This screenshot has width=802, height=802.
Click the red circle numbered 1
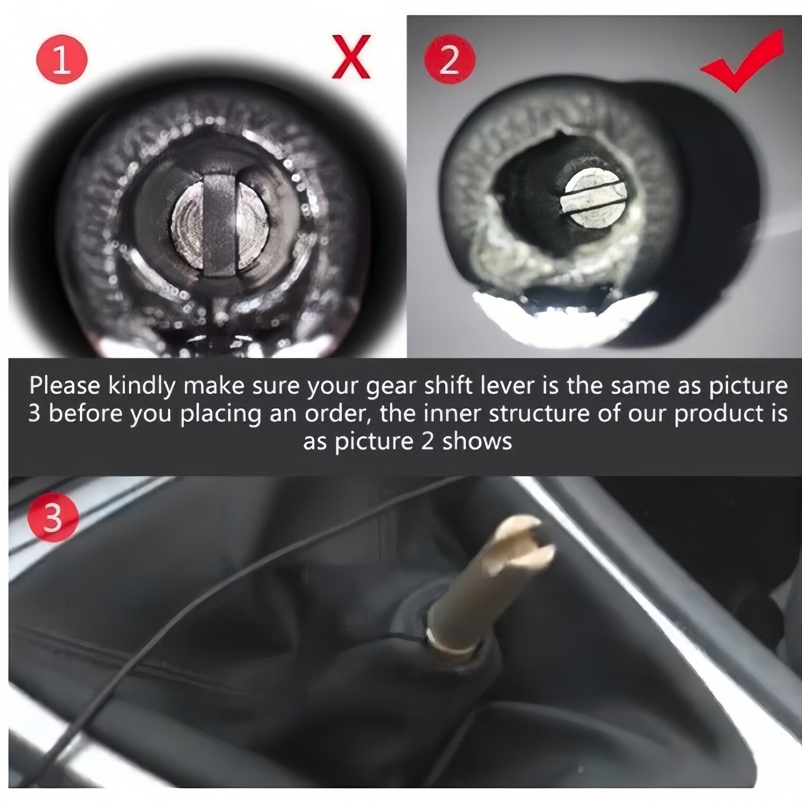pyautogui.click(x=62, y=60)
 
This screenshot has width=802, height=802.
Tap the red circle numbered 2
pyautogui.click(x=450, y=60)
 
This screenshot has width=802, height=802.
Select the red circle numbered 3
pyautogui.click(x=53, y=517)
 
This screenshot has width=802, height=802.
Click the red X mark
pyautogui.click(x=351, y=57)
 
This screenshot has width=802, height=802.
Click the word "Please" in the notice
pyautogui.click(x=65, y=386)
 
